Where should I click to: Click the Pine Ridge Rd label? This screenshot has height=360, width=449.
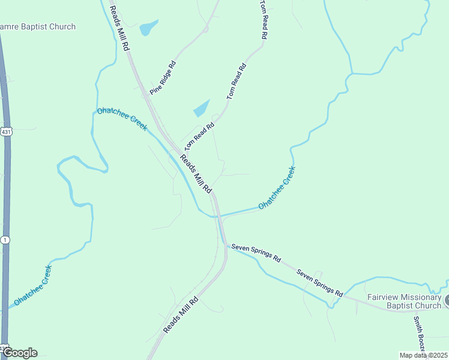[x=163, y=77]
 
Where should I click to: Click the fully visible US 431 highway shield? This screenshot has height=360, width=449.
[x=6, y=132]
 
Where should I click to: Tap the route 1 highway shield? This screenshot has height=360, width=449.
[x=5, y=240]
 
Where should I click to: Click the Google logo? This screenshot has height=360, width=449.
[x=20, y=353]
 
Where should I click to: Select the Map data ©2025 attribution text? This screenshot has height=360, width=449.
[x=423, y=355]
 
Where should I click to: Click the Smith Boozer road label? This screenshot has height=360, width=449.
[x=418, y=334]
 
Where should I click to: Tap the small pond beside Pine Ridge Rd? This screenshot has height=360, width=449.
[x=148, y=28]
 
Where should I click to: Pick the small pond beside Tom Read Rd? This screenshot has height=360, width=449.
[x=202, y=108]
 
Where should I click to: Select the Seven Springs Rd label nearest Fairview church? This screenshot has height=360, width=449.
[x=319, y=282]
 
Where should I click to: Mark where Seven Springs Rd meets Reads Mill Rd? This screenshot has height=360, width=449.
[x=224, y=244]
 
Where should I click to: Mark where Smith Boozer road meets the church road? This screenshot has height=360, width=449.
[x=414, y=311]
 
